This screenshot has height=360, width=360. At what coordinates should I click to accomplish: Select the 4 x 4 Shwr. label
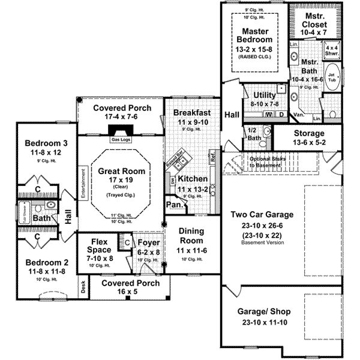click(x=332, y=50)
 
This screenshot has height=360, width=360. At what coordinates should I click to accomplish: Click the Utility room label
click(x=264, y=95)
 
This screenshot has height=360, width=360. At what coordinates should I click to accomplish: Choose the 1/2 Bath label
click(x=254, y=134)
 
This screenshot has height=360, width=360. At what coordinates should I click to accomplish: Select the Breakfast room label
click(x=191, y=112)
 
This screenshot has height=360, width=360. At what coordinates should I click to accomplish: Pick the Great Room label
click(x=121, y=171)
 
